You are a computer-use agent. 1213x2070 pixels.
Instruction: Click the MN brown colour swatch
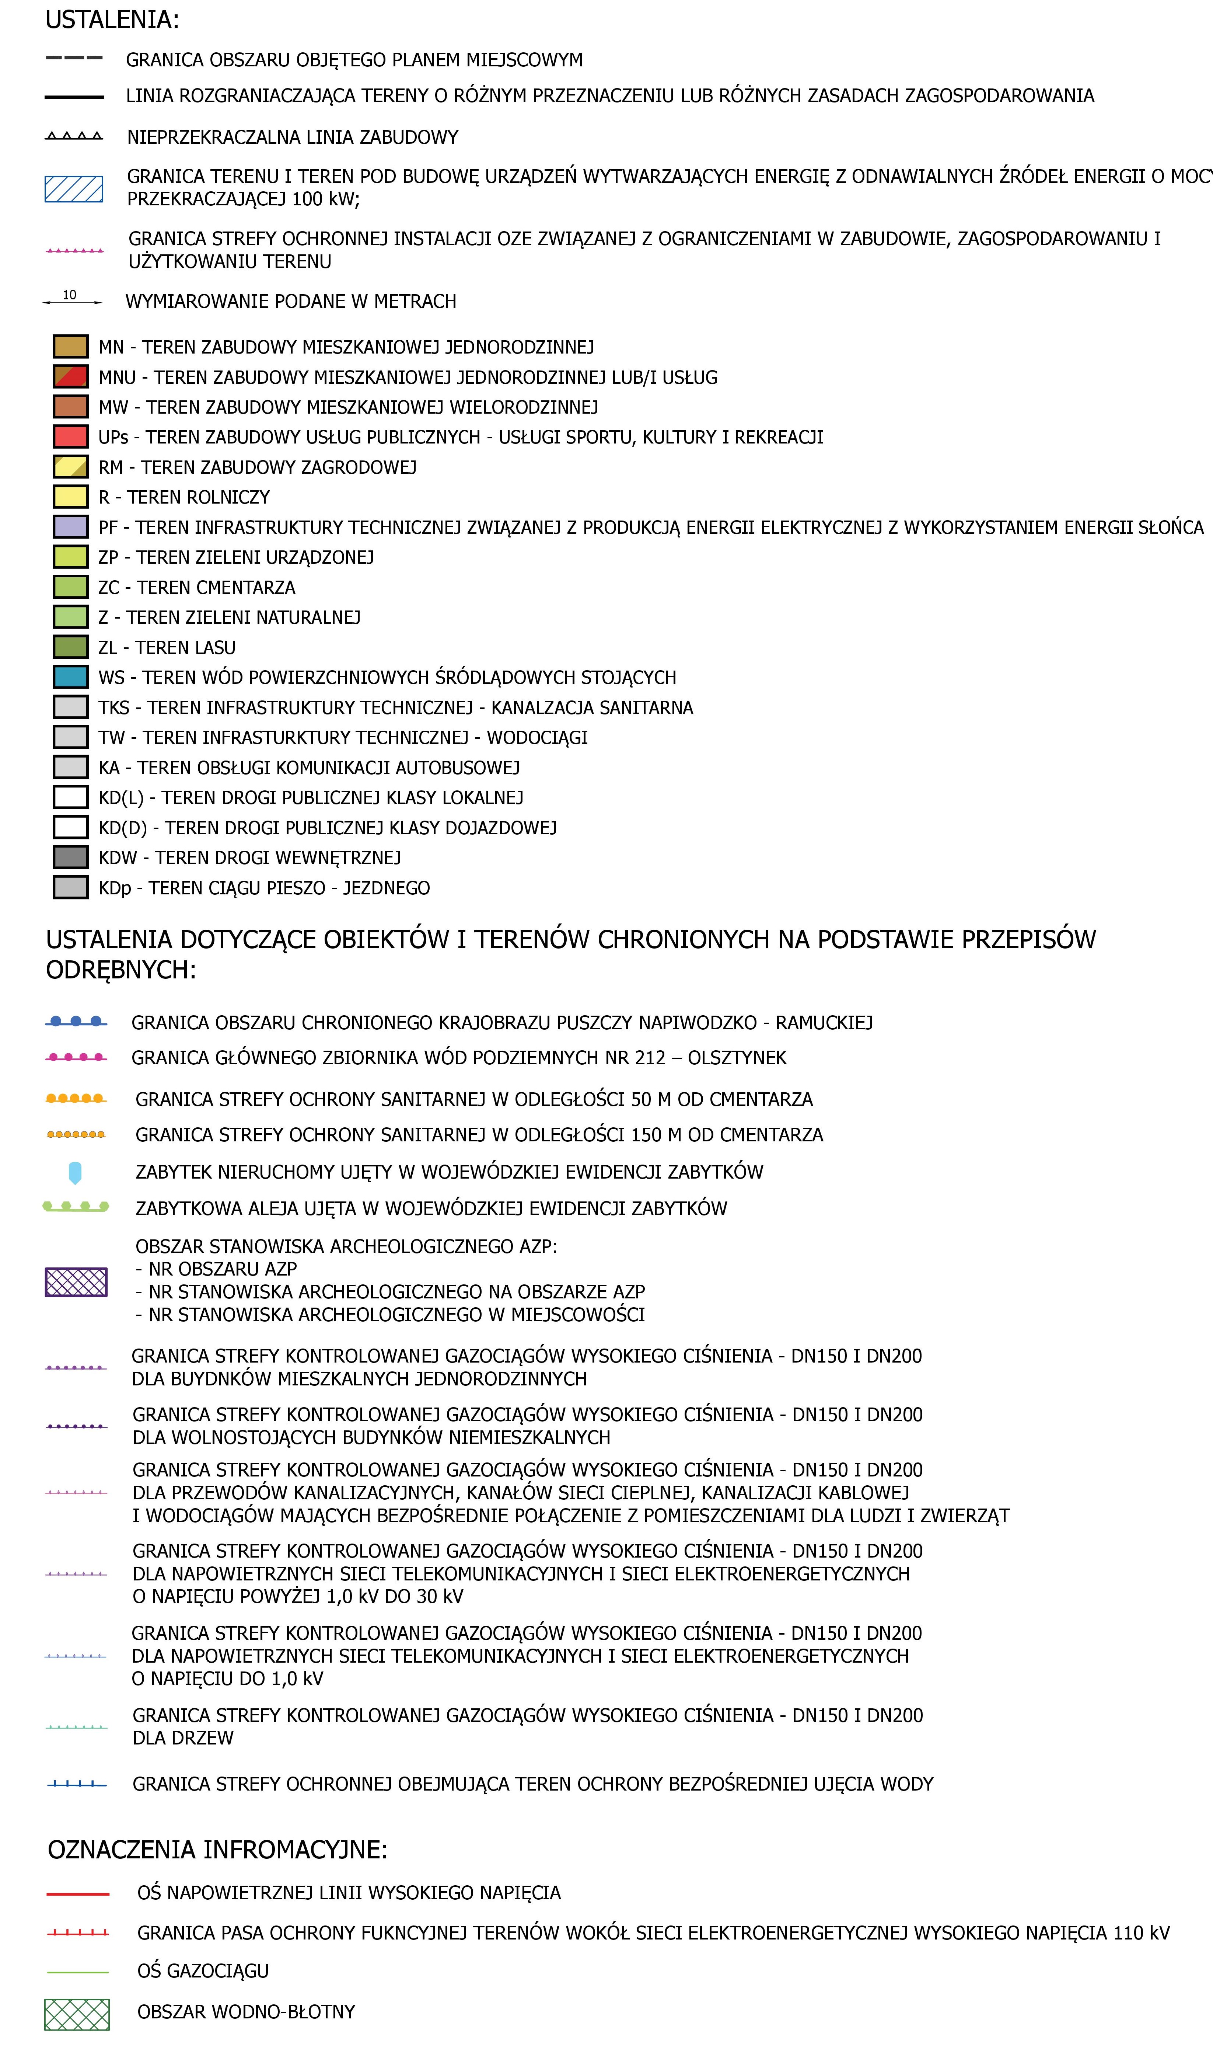coord(71,347)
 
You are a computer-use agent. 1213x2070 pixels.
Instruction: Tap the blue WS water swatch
coord(71,677)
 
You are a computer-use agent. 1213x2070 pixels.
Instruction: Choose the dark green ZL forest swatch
coord(71,647)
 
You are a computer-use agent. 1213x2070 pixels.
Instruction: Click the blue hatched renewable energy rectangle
coord(74,189)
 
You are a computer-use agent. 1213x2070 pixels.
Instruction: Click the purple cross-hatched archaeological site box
coord(76,1282)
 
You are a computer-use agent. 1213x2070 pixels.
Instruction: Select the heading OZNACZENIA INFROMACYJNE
coord(218,1850)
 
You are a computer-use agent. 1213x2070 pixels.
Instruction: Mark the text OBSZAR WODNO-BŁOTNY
coord(247,2012)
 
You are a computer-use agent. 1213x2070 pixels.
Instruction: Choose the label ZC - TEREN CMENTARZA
coord(196,587)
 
